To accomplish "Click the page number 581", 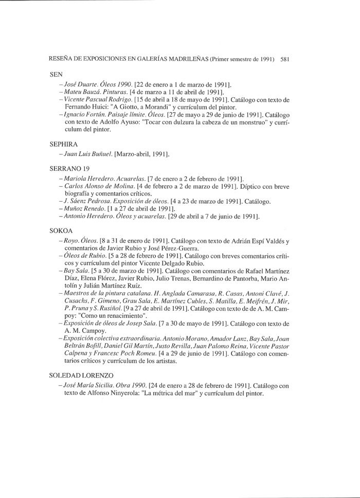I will coord(286,59).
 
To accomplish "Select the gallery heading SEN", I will coord(56,74).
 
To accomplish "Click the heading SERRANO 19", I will coord(70,168).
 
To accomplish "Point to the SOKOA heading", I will coord(61,232).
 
